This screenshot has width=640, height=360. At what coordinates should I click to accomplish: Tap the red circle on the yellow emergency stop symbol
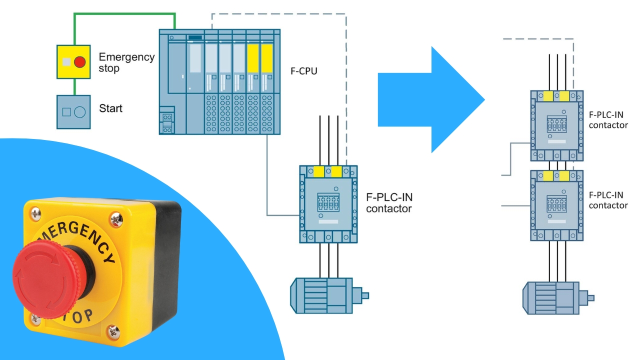tap(79, 62)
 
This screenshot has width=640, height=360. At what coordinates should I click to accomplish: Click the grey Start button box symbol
tap(73, 111)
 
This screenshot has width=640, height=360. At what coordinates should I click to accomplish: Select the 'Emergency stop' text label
tap(126, 62)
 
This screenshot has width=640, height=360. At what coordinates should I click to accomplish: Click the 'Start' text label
tap(110, 108)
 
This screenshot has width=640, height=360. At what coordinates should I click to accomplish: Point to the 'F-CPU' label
tap(304, 71)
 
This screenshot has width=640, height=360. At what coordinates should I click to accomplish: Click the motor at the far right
tap(555, 297)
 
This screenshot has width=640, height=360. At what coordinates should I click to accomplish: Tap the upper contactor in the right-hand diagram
tap(556, 125)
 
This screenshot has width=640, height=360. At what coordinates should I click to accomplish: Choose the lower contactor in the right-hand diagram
tap(556, 205)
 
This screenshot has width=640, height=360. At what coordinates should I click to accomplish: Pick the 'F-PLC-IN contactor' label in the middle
tap(389, 202)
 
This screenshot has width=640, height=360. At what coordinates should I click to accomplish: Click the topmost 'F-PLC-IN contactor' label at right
tap(608, 119)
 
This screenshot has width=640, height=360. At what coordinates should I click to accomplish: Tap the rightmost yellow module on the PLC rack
tap(266, 59)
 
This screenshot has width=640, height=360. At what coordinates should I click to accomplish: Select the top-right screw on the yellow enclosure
tap(115, 218)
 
